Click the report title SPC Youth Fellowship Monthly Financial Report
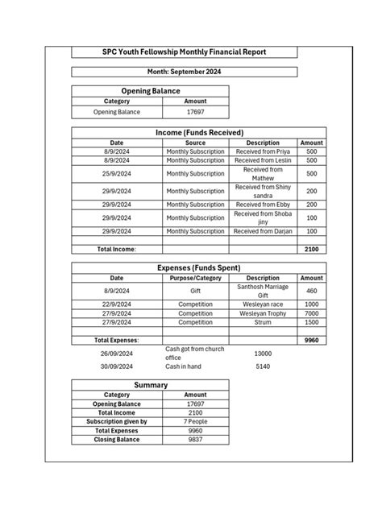[x=185, y=52]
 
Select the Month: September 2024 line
[x=185, y=72]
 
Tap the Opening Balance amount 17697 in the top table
[x=195, y=112]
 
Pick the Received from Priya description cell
[x=263, y=151]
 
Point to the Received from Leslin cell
[x=263, y=161]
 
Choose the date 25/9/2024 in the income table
[x=117, y=174]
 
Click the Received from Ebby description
[x=263, y=205]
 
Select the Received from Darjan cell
[x=263, y=231]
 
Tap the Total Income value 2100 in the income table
[x=312, y=250]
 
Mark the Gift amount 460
[x=312, y=291]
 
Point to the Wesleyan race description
[x=263, y=304]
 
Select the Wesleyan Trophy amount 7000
[x=312, y=313]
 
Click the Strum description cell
[x=263, y=322]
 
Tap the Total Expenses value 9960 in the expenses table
[x=312, y=341]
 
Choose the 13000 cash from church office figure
[x=263, y=354]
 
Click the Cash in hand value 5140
[x=263, y=367]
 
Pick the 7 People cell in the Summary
[x=195, y=421]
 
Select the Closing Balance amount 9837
[x=195, y=440]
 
